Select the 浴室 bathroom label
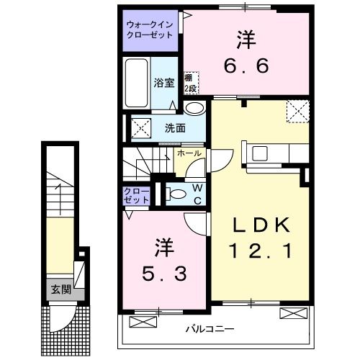[x=164, y=83]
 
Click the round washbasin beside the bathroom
[x=192, y=108]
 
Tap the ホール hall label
[x=189, y=153]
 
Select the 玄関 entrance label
[x=60, y=289]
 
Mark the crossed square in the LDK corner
[x=297, y=112]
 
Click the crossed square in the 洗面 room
[x=140, y=128]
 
